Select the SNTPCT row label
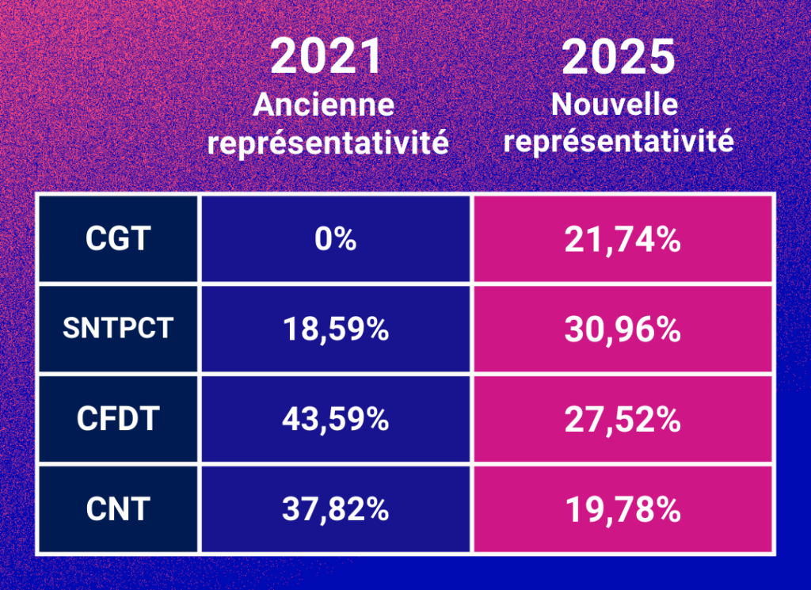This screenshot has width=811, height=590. (x=117, y=328)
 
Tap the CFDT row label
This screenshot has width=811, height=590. (x=117, y=419)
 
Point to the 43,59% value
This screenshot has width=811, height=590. (x=335, y=419)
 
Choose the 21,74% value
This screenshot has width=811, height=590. (x=623, y=239)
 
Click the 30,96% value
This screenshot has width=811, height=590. (x=623, y=329)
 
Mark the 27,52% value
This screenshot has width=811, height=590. (x=623, y=419)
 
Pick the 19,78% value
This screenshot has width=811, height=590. (x=623, y=509)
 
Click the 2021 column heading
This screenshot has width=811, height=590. (x=327, y=58)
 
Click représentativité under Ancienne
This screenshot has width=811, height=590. (x=332, y=143)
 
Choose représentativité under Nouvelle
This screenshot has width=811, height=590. (x=619, y=141)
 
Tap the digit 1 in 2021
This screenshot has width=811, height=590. (x=371, y=58)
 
